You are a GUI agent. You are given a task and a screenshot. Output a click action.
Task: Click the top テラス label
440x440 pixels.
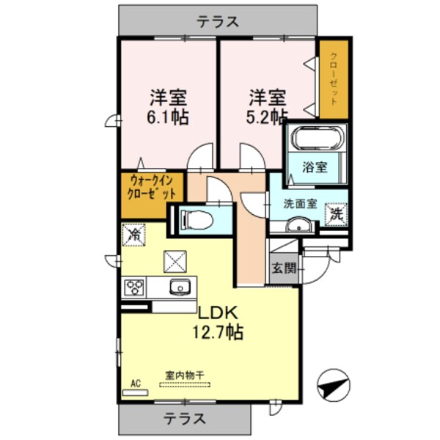click(x=218, y=22)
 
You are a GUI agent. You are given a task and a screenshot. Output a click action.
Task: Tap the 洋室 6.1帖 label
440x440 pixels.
click(x=169, y=106)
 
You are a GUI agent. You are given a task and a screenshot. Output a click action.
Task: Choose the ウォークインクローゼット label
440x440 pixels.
click(x=153, y=188)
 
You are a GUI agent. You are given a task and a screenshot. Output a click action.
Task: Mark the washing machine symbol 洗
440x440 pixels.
click(x=336, y=215)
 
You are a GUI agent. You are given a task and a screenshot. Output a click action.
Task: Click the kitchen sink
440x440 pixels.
click(x=180, y=286)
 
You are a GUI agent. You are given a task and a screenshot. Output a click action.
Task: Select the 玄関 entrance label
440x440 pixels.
click(x=285, y=268)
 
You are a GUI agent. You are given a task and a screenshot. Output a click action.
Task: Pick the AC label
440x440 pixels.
click(x=135, y=383)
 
